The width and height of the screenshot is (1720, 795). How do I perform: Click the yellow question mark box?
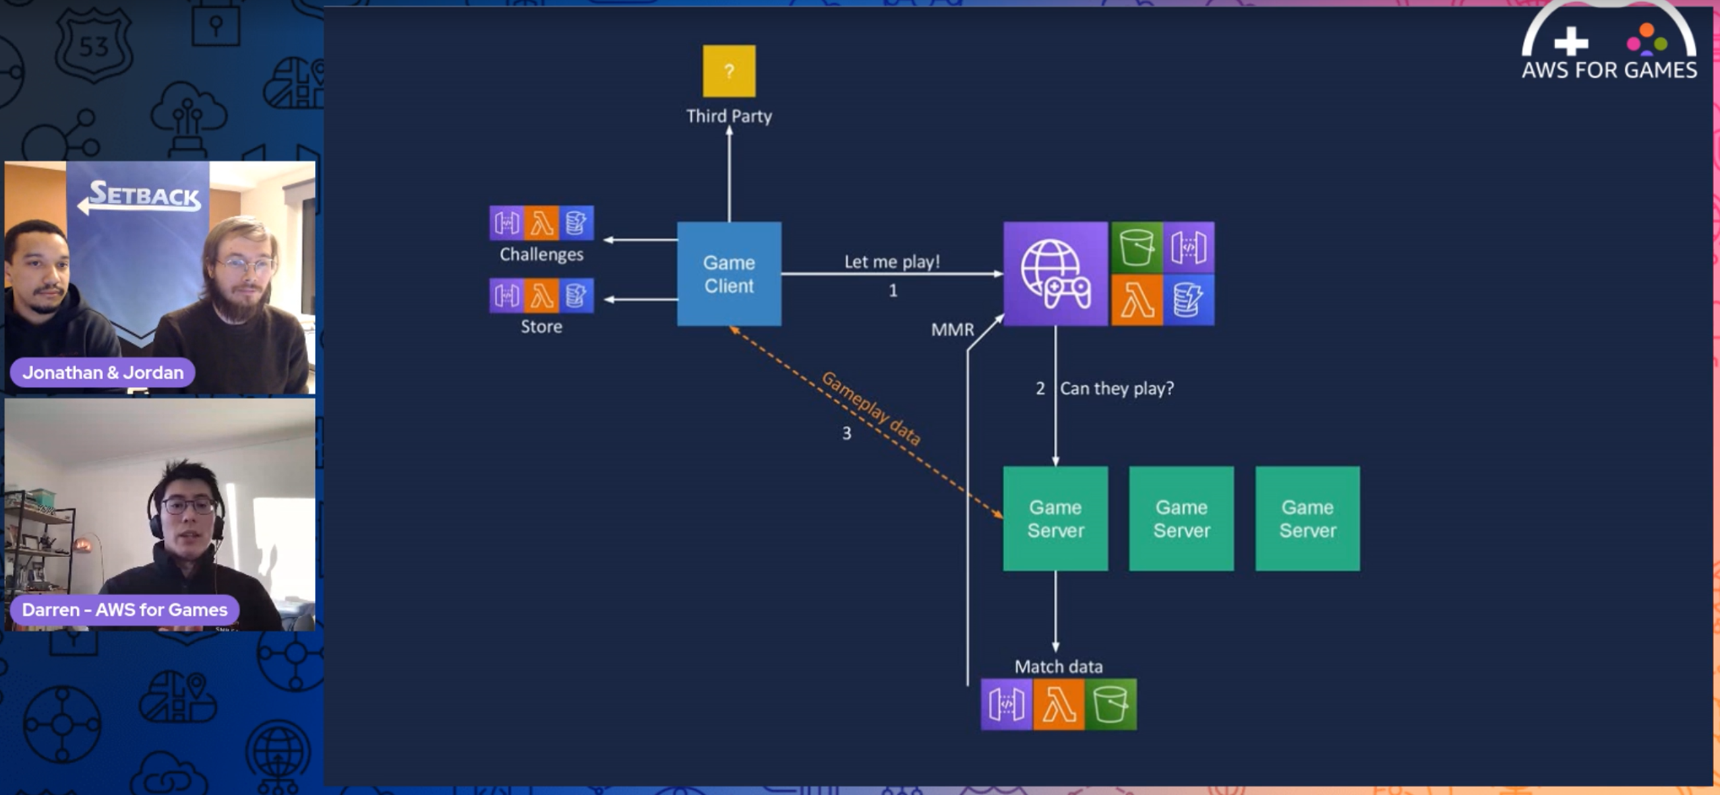tap(729, 71)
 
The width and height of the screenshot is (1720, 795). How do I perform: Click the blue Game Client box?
tap(729, 274)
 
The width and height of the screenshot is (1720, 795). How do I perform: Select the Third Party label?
tap(729, 116)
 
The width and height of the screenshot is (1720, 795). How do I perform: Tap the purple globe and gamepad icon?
tap(1055, 274)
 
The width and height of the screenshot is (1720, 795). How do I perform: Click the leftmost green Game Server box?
tap(1055, 518)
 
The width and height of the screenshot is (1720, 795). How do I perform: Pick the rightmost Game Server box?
tap(1307, 518)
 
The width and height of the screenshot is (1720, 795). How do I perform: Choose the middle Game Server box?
tap(1181, 518)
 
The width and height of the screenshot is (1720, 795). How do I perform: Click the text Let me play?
tap(891, 261)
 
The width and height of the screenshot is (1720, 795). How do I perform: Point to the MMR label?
tap(952, 329)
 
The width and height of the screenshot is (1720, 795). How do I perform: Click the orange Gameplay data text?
tap(871, 408)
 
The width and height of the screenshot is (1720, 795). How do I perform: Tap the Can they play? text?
tap(1117, 388)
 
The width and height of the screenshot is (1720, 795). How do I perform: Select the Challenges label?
tap(541, 254)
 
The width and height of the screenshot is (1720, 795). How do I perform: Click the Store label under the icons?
tap(541, 327)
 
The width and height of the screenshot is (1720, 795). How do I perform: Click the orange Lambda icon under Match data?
tap(1059, 705)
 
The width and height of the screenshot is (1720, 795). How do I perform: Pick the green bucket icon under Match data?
tap(1110, 705)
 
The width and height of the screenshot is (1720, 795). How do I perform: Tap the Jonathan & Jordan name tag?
tap(102, 372)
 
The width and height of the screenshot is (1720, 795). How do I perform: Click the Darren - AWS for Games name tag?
tap(125, 609)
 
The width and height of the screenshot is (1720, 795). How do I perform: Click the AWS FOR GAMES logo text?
tap(1609, 70)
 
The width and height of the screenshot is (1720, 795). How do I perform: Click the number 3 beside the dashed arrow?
tap(846, 433)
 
